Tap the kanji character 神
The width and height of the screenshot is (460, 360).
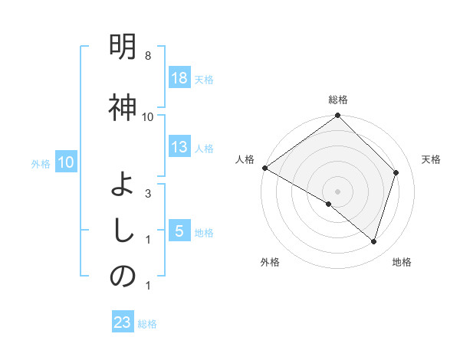click(123, 108)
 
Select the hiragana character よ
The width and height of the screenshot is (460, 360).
click(123, 185)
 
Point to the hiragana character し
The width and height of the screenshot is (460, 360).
click(123, 231)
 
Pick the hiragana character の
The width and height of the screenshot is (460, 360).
click(123, 277)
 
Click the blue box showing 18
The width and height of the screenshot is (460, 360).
click(179, 77)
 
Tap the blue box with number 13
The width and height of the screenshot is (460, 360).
click(179, 147)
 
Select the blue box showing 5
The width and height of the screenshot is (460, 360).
click(179, 231)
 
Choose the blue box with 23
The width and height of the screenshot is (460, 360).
click(123, 322)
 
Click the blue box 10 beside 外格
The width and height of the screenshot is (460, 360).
click(64, 162)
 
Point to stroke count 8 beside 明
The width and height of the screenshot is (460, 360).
click(147, 57)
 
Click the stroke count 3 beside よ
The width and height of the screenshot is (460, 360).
click(147, 194)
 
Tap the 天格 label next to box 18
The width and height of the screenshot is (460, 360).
click(204, 79)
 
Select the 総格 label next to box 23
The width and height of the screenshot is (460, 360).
click(147, 324)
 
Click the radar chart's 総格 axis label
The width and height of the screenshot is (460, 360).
click(338, 100)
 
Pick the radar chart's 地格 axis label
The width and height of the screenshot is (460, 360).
click(402, 263)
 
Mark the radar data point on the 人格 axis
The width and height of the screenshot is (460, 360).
click(264, 168)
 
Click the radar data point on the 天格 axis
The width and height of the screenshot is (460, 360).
click(396, 172)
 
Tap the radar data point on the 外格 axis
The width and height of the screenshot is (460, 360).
click(329, 204)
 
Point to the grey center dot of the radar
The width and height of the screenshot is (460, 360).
click(337, 191)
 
